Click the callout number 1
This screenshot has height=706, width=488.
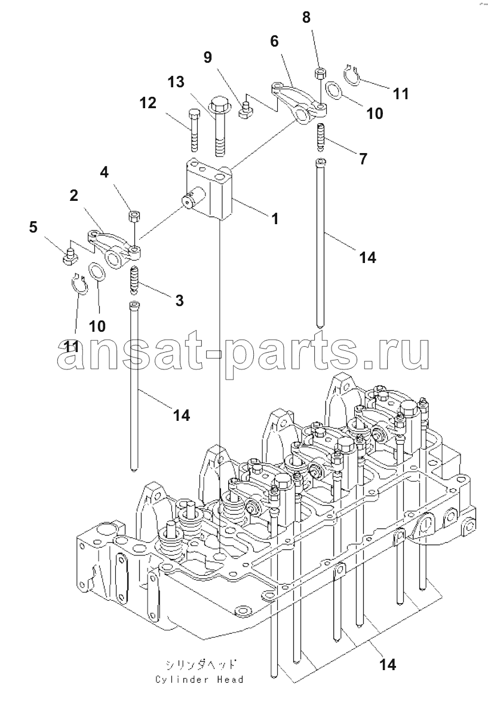coord(275,219)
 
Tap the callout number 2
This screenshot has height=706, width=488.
coord(74,195)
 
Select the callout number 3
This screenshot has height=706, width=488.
coord(179,301)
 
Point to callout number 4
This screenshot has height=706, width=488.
coord(105,173)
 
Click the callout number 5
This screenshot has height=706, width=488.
coord(33,227)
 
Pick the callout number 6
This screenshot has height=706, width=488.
coord(274,41)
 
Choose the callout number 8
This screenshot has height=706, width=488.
coord(306,17)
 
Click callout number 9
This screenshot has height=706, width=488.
coord(207,57)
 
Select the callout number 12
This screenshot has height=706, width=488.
coord(148,103)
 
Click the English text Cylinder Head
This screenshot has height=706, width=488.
coord(199,680)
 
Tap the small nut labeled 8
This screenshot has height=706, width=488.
coord(320,74)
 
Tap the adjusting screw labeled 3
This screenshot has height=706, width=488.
coord(134,280)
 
